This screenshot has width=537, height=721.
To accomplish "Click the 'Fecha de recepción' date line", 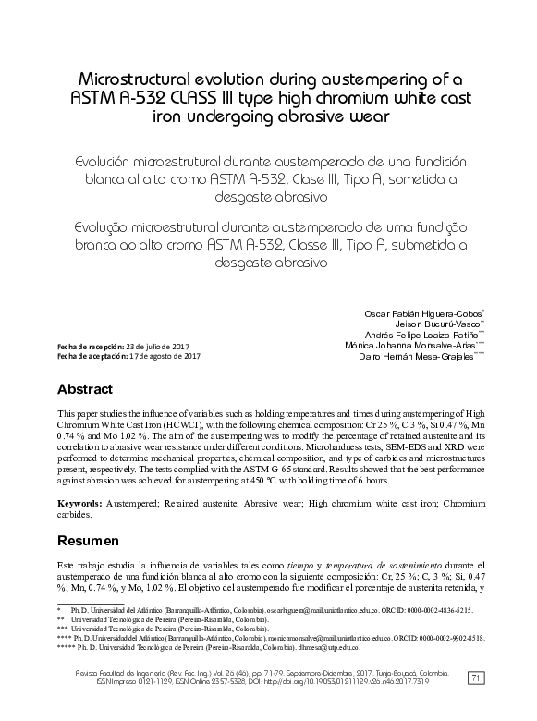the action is [124, 346].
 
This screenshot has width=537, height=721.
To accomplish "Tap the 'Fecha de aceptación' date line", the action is [128, 356].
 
